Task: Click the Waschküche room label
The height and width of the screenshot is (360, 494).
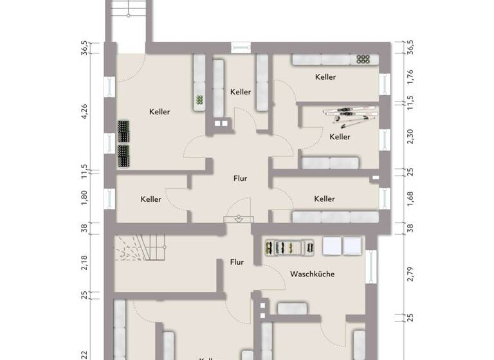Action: [312, 274]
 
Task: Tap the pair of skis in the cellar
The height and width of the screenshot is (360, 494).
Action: [348, 114]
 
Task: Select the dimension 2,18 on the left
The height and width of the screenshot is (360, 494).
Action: [83, 262]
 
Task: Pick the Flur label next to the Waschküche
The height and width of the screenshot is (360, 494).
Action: [237, 262]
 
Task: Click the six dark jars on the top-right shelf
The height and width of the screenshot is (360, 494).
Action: [363, 59]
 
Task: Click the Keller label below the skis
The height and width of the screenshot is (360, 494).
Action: [340, 137]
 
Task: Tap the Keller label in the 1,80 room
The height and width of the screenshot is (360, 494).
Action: [151, 199]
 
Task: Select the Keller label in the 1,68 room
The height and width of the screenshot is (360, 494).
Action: [325, 199]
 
